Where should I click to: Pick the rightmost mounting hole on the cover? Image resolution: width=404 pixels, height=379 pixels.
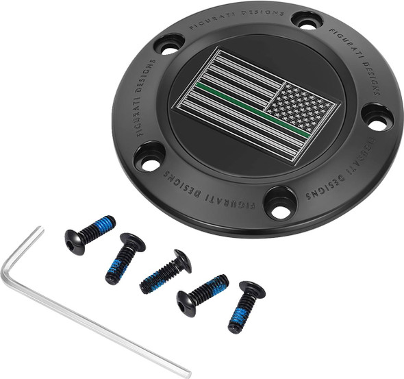tap(375, 118)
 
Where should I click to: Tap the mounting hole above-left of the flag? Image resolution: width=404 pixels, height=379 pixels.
tap(168, 45)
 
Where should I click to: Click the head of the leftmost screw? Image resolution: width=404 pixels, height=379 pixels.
tap(75, 241)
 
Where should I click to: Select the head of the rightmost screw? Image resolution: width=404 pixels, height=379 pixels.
tap(252, 291)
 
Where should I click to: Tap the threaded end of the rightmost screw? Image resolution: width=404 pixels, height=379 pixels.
tap(237, 323)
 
